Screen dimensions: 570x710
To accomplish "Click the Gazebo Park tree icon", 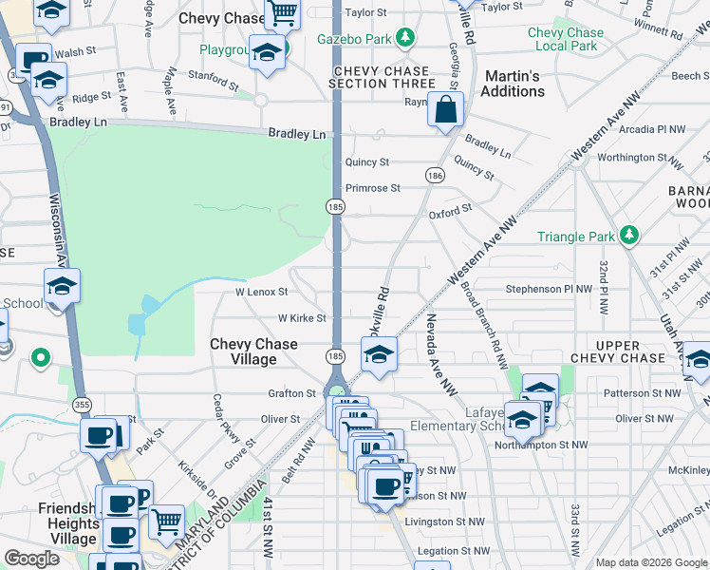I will tap(405, 37).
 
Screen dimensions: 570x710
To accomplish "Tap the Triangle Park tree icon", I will tap(628, 235).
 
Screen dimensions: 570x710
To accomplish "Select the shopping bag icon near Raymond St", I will tap(445, 111).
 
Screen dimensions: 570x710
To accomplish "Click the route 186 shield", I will tap(435, 176).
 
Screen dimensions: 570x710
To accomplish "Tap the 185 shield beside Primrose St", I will tap(335, 206).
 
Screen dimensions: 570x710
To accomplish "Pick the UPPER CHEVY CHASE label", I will tap(630, 351).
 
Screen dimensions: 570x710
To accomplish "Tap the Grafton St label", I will tap(292, 392).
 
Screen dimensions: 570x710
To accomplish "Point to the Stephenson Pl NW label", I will tap(548, 288).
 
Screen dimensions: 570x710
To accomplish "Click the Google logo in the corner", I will tap(31, 558).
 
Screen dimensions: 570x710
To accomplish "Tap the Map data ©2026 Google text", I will tap(651, 562).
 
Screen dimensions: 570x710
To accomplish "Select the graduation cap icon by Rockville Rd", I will tap(378, 356).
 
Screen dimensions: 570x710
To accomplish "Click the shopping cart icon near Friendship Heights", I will tap(167, 520).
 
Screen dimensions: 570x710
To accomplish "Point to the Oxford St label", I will tap(450, 212).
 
